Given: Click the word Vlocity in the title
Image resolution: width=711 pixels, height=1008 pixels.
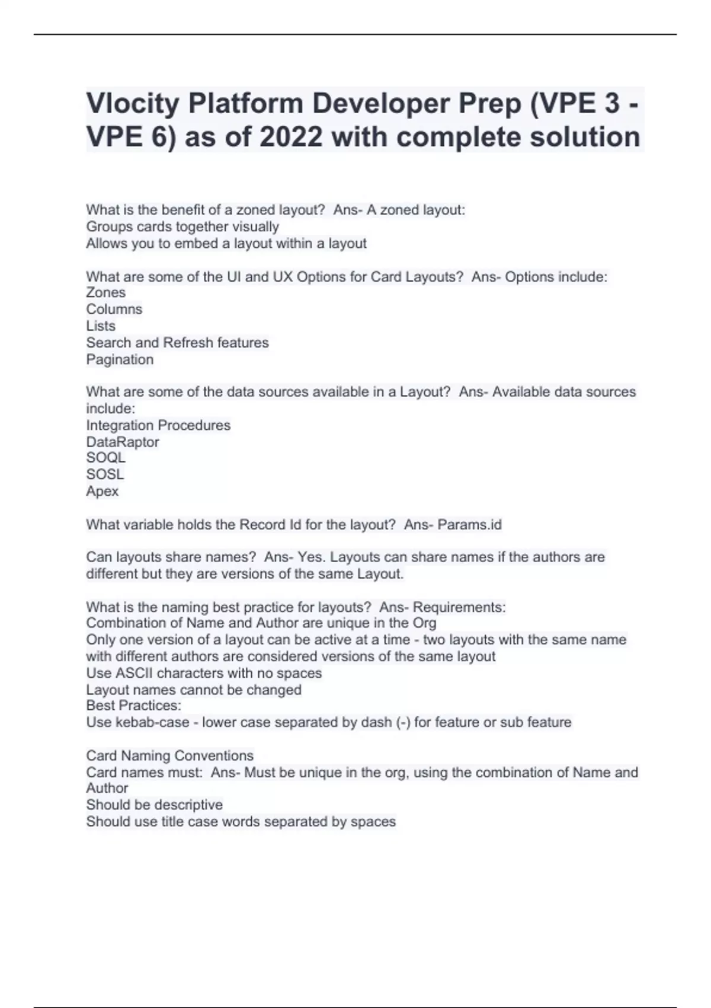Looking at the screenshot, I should [x=133, y=104].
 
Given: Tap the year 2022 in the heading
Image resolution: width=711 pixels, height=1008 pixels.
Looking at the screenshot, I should [x=291, y=138].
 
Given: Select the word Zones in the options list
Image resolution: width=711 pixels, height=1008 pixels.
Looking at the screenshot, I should [x=105, y=292].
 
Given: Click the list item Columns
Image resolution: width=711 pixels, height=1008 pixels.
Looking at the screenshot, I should [x=114, y=309].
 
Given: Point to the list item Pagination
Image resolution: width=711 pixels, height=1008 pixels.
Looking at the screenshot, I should [x=120, y=359].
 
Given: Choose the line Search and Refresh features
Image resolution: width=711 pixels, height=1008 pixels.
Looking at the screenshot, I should [x=177, y=343].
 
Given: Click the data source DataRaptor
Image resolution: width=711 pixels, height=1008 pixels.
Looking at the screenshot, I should [x=122, y=442].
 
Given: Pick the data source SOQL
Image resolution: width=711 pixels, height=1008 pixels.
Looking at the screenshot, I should [x=105, y=458].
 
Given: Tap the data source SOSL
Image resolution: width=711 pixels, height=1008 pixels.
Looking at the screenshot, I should [x=105, y=474].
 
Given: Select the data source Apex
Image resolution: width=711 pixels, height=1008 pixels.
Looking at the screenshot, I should [x=102, y=491].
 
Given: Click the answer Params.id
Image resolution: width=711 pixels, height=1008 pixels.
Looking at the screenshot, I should [x=469, y=525].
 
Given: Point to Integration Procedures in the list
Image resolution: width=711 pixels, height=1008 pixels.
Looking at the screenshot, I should [x=158, y=425].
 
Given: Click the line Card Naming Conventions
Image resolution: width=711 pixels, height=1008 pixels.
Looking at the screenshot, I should [x=169, y=755].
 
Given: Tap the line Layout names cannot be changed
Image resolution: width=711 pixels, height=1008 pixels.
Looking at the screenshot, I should [x=194, y=690].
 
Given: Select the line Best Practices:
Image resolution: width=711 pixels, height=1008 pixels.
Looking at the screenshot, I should [x=133, y=706].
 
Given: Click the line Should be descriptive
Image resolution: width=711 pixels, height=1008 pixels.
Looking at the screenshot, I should [x=154, y=805].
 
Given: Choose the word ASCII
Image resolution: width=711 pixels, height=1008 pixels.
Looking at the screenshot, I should [x=134, y=673].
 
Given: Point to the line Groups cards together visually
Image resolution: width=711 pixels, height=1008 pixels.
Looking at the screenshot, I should [x=182, y=227].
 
